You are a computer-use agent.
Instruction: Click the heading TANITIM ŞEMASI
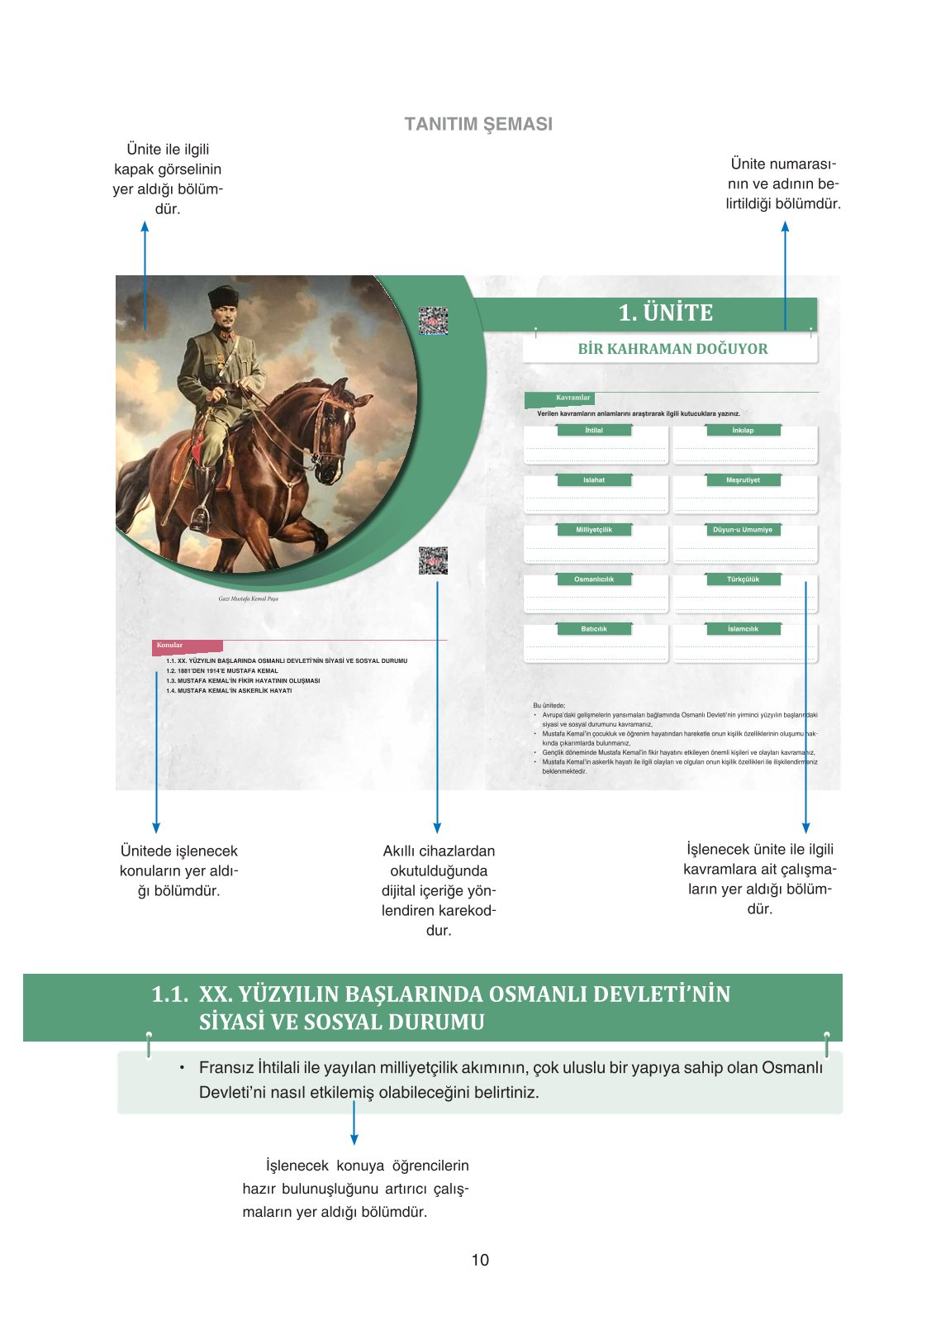478,124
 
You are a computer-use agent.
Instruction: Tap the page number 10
480,1260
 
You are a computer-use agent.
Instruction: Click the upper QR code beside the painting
433,321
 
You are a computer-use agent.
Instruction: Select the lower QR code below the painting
433,560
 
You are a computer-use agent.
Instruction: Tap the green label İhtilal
594,430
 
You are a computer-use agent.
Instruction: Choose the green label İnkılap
743,430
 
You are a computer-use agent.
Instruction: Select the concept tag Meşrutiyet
743,479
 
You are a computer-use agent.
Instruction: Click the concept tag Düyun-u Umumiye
743,529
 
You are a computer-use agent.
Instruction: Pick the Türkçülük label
743,579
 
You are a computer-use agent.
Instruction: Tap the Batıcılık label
594,629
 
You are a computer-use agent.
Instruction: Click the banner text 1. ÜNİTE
665,312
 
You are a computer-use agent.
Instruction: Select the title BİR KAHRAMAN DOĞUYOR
672,349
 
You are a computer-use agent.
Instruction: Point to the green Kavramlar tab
573,398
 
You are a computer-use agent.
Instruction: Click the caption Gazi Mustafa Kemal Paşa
248,598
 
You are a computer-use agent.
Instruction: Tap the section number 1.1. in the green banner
169,994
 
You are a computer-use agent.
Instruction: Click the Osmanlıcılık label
594,579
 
